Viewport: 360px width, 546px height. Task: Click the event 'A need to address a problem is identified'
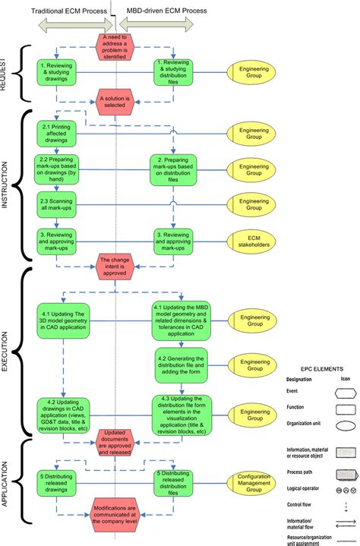click(x=115, y=45)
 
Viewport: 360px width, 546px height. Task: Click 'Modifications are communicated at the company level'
click(x=115, y=520)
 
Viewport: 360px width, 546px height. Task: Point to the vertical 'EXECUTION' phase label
click(x=6, y=349)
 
